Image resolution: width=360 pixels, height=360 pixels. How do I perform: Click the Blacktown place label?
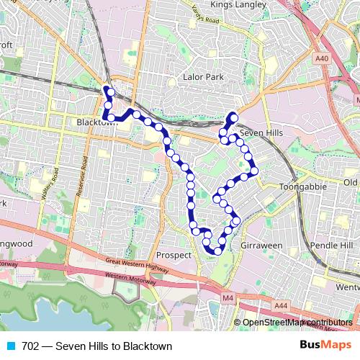point(96,123)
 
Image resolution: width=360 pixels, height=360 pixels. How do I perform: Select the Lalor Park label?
point(204,76)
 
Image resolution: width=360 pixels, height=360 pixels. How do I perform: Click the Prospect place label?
point(174,255)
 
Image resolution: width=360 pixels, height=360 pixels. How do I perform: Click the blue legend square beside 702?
point(10,346)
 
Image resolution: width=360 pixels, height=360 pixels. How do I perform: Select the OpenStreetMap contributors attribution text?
point(297,323)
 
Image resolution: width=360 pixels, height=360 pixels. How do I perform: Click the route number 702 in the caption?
point(30,346)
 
